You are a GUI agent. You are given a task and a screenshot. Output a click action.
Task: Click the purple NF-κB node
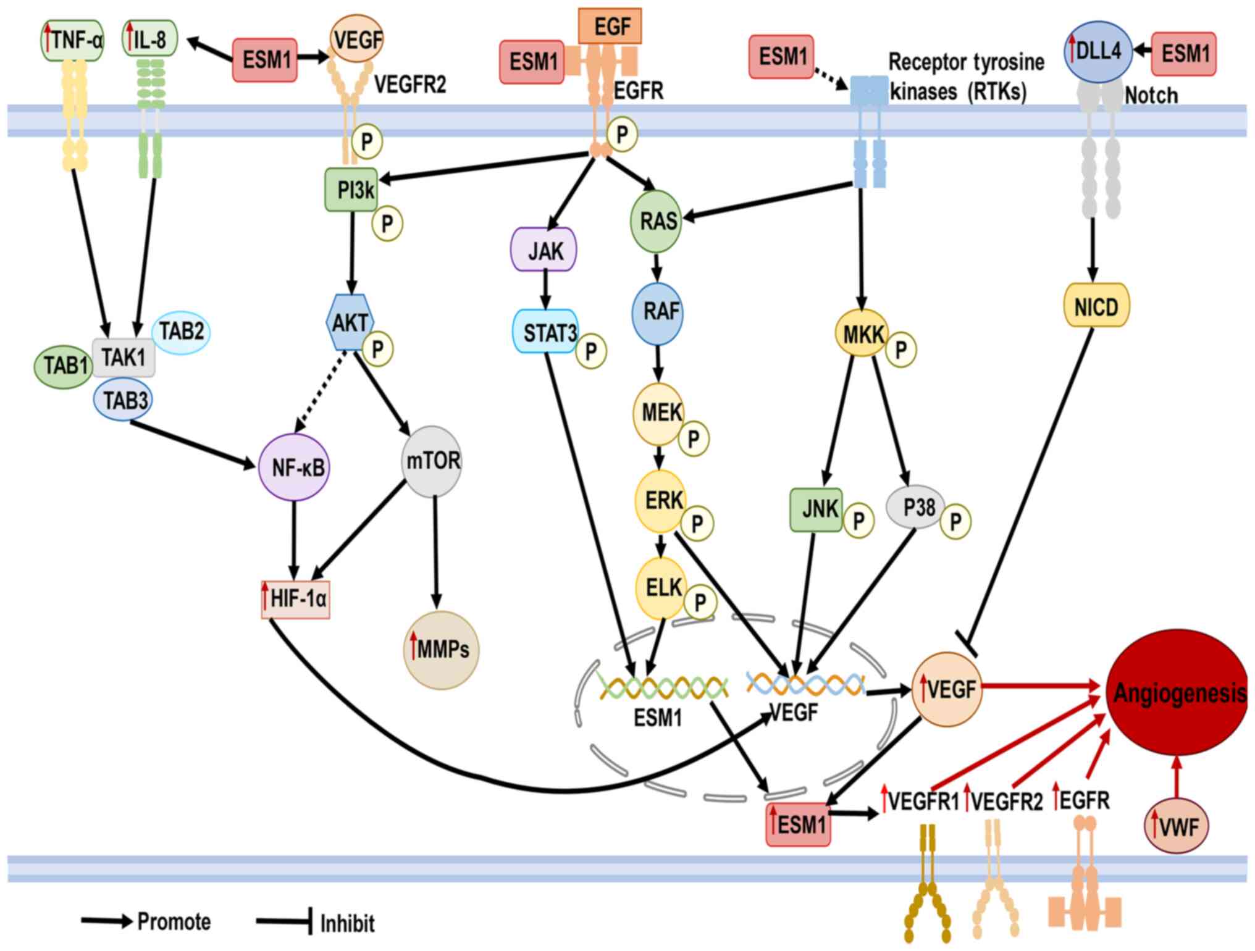[x=294, y=467]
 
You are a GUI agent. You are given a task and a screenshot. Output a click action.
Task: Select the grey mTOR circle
[x=432, y=461]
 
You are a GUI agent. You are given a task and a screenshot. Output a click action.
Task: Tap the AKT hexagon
[x=350, y=322]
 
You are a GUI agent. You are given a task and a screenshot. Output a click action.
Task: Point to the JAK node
[x=544, y=250]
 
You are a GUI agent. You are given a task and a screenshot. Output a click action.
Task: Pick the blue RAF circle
[x=658, y=312]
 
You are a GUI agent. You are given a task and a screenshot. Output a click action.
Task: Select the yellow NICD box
[x=1096, y=306]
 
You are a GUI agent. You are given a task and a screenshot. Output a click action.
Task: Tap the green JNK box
[x=816, y=509]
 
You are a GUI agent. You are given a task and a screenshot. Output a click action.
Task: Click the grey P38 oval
[x=917, y=507]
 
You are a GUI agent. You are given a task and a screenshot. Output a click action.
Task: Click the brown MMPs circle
[x=441, y=650]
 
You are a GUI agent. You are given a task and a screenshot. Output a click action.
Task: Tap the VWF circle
[x=1176, y=826]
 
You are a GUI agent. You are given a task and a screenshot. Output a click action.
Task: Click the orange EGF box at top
[x=610, y=27]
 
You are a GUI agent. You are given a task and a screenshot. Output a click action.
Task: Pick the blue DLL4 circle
[x=1098, y=52]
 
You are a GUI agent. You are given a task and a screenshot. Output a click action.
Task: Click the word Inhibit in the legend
[x=347, y=924]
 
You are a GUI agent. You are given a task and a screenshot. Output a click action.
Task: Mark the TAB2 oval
[x=181, y=332]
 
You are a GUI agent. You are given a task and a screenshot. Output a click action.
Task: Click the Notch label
[x=1151, y=96]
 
